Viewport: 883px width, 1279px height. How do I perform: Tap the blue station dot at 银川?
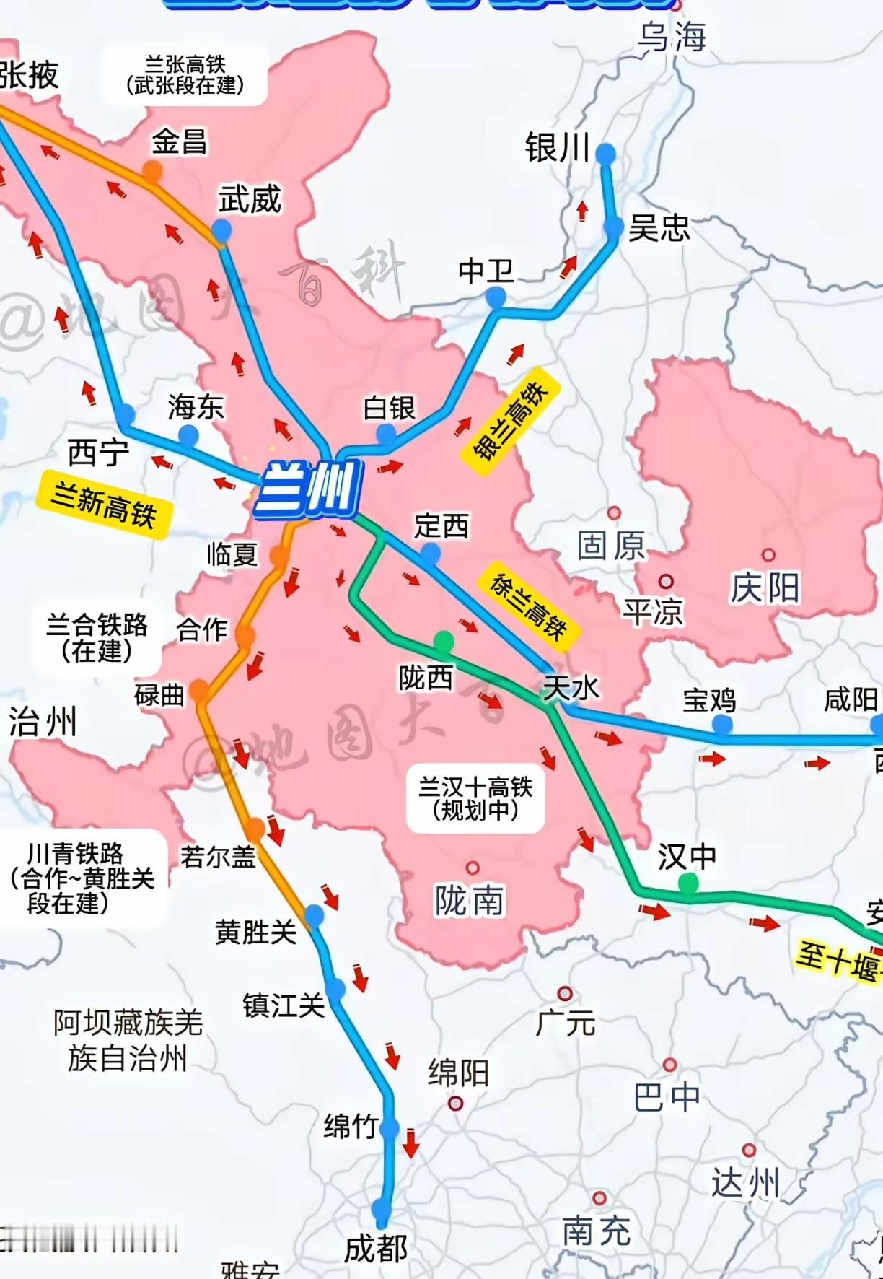click(605, 153)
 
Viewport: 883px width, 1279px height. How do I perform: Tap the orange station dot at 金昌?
click(152, 171)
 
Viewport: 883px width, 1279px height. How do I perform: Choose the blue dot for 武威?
click(221, 231)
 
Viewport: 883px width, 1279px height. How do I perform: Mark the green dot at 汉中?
click(688, 882)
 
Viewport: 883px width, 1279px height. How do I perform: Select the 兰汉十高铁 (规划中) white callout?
click(475, 798)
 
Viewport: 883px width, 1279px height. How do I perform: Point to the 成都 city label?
click(375, 1249)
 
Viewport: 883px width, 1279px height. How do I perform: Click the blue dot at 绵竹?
click(389, 1127)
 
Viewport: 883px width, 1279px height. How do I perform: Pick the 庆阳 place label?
click(765, 588)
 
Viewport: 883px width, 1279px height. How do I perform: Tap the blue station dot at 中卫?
click(495, 296)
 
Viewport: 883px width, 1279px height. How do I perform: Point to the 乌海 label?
click(672, 36)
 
